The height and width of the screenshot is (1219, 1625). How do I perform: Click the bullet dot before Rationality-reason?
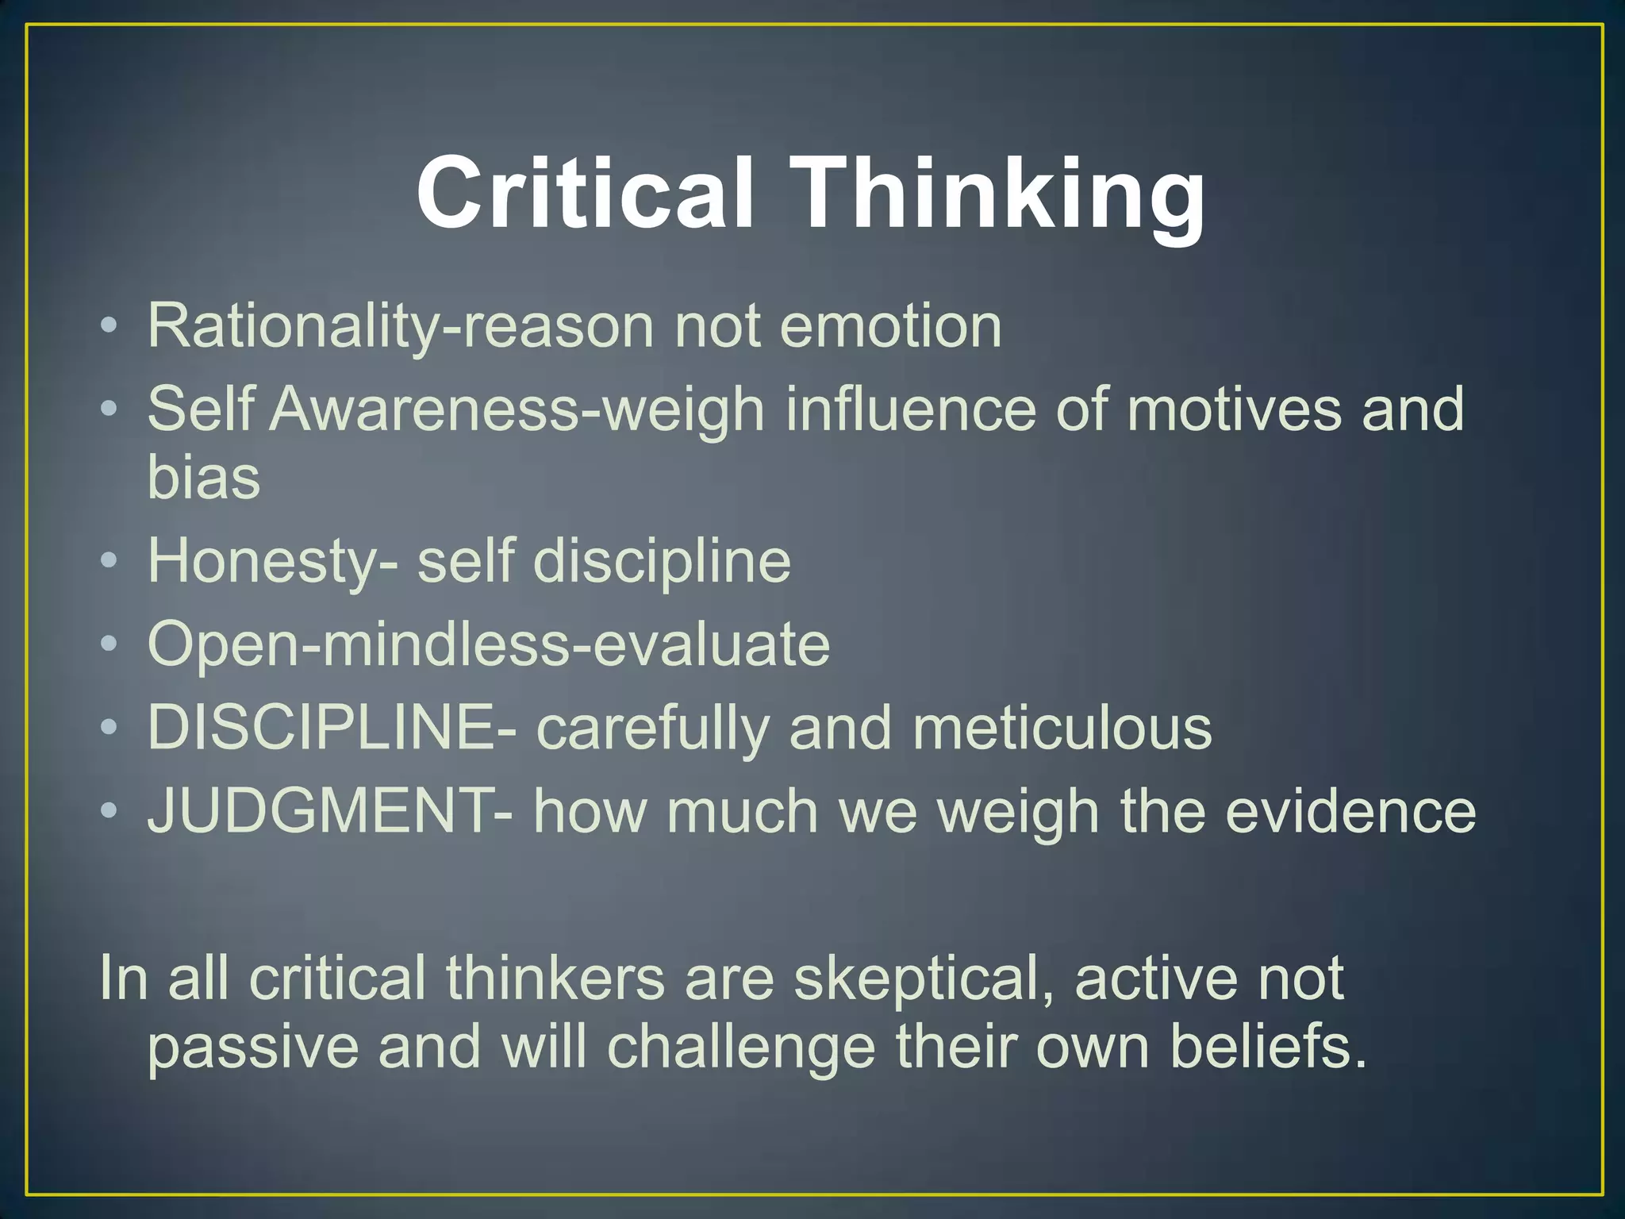(x=109, y=325)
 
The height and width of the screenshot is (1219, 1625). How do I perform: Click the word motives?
(x=1234, y=410)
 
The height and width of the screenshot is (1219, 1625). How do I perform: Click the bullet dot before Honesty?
(x=109, y=561)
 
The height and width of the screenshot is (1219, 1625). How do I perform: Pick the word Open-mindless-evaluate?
(x=489, y=644)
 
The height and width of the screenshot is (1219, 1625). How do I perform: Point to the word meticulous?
(x=1062, y=727)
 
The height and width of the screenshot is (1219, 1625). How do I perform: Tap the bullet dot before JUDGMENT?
(x=109, y=811)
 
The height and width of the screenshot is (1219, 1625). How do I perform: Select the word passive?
(x=253, y=1046)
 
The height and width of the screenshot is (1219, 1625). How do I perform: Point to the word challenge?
(x=741, y=1046)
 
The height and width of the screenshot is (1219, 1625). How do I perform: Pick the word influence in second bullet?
(x=910, y=410)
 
